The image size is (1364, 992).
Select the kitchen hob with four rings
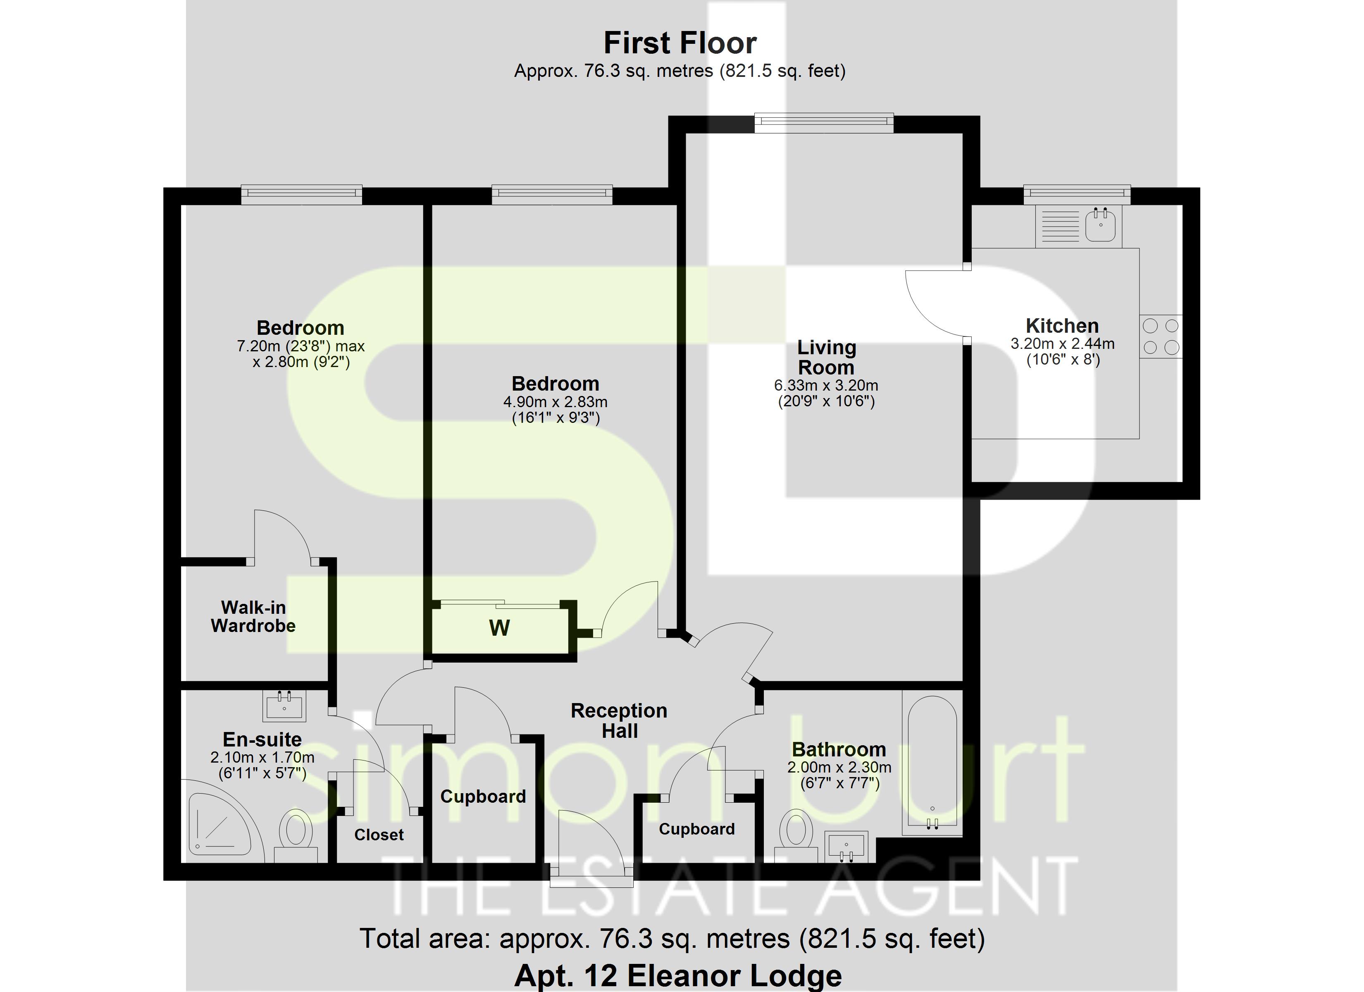[1161, 336]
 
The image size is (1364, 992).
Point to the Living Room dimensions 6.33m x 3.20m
[826, 386]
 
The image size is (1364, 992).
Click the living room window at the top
[823, 123]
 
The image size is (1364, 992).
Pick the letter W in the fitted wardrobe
[499, 628]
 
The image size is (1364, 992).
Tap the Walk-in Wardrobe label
[253, 617]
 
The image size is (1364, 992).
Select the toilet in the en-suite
[295, 833]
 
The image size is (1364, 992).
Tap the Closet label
[379, 835]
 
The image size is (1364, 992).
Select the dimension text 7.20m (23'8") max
[301, 346]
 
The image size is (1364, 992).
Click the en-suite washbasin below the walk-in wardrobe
[284, 706]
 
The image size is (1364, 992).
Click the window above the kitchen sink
[1076, 193]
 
